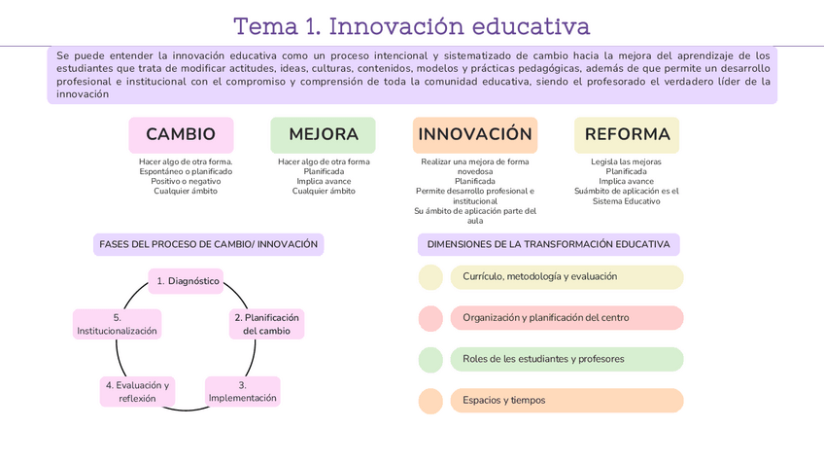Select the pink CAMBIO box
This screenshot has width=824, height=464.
181,134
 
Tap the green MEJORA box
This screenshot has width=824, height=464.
324,134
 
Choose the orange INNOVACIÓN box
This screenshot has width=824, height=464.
475,134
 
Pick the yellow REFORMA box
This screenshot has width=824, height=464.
627,134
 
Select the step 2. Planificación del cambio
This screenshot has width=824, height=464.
267,324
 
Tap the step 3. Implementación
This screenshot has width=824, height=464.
243,391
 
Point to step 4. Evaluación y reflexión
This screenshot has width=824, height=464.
137,391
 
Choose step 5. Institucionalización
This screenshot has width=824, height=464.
117,324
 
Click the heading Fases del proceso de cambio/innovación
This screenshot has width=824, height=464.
209,244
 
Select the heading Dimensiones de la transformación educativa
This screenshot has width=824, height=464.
548,244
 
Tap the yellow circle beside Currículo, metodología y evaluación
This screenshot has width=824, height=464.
430,277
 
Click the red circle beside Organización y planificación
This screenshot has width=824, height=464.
430,318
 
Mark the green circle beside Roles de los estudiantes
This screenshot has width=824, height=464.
430,359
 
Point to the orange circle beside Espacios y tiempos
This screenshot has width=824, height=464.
430,400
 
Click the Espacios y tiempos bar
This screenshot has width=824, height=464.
566,400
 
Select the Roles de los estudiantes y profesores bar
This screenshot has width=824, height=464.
566,359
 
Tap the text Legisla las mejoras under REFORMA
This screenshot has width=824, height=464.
627,161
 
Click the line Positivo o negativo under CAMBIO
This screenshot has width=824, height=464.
186,181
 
